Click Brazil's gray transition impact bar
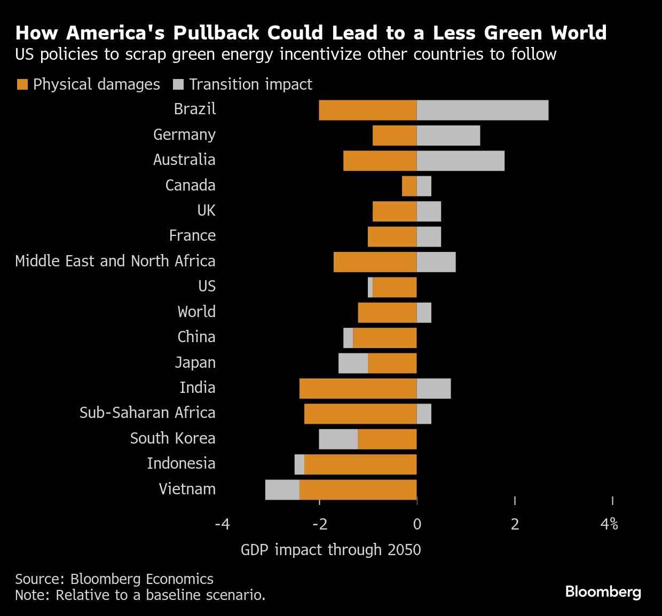click(482, 110)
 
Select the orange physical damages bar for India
click(358, 389)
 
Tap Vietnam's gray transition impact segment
click(282, 489)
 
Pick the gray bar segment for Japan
click(353, 363)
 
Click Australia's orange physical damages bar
click(380, 161)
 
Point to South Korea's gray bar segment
click(338, 439)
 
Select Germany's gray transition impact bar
click(448, 136)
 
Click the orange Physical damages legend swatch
click(22, 84)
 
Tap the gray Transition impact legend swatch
click(178, 84)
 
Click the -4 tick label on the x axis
click(222, 524)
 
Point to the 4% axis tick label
click(609, 524)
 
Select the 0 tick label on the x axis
click(417, 524)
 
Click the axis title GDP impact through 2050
click(330, 550)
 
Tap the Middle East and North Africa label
click(115, 261)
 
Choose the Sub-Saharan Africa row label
click(147, 413)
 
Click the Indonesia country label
click(181, 463)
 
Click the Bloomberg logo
click(603, 591)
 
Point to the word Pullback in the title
click(217, 33)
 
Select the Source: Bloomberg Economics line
click(114, 579)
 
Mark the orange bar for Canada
click(409, 186)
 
